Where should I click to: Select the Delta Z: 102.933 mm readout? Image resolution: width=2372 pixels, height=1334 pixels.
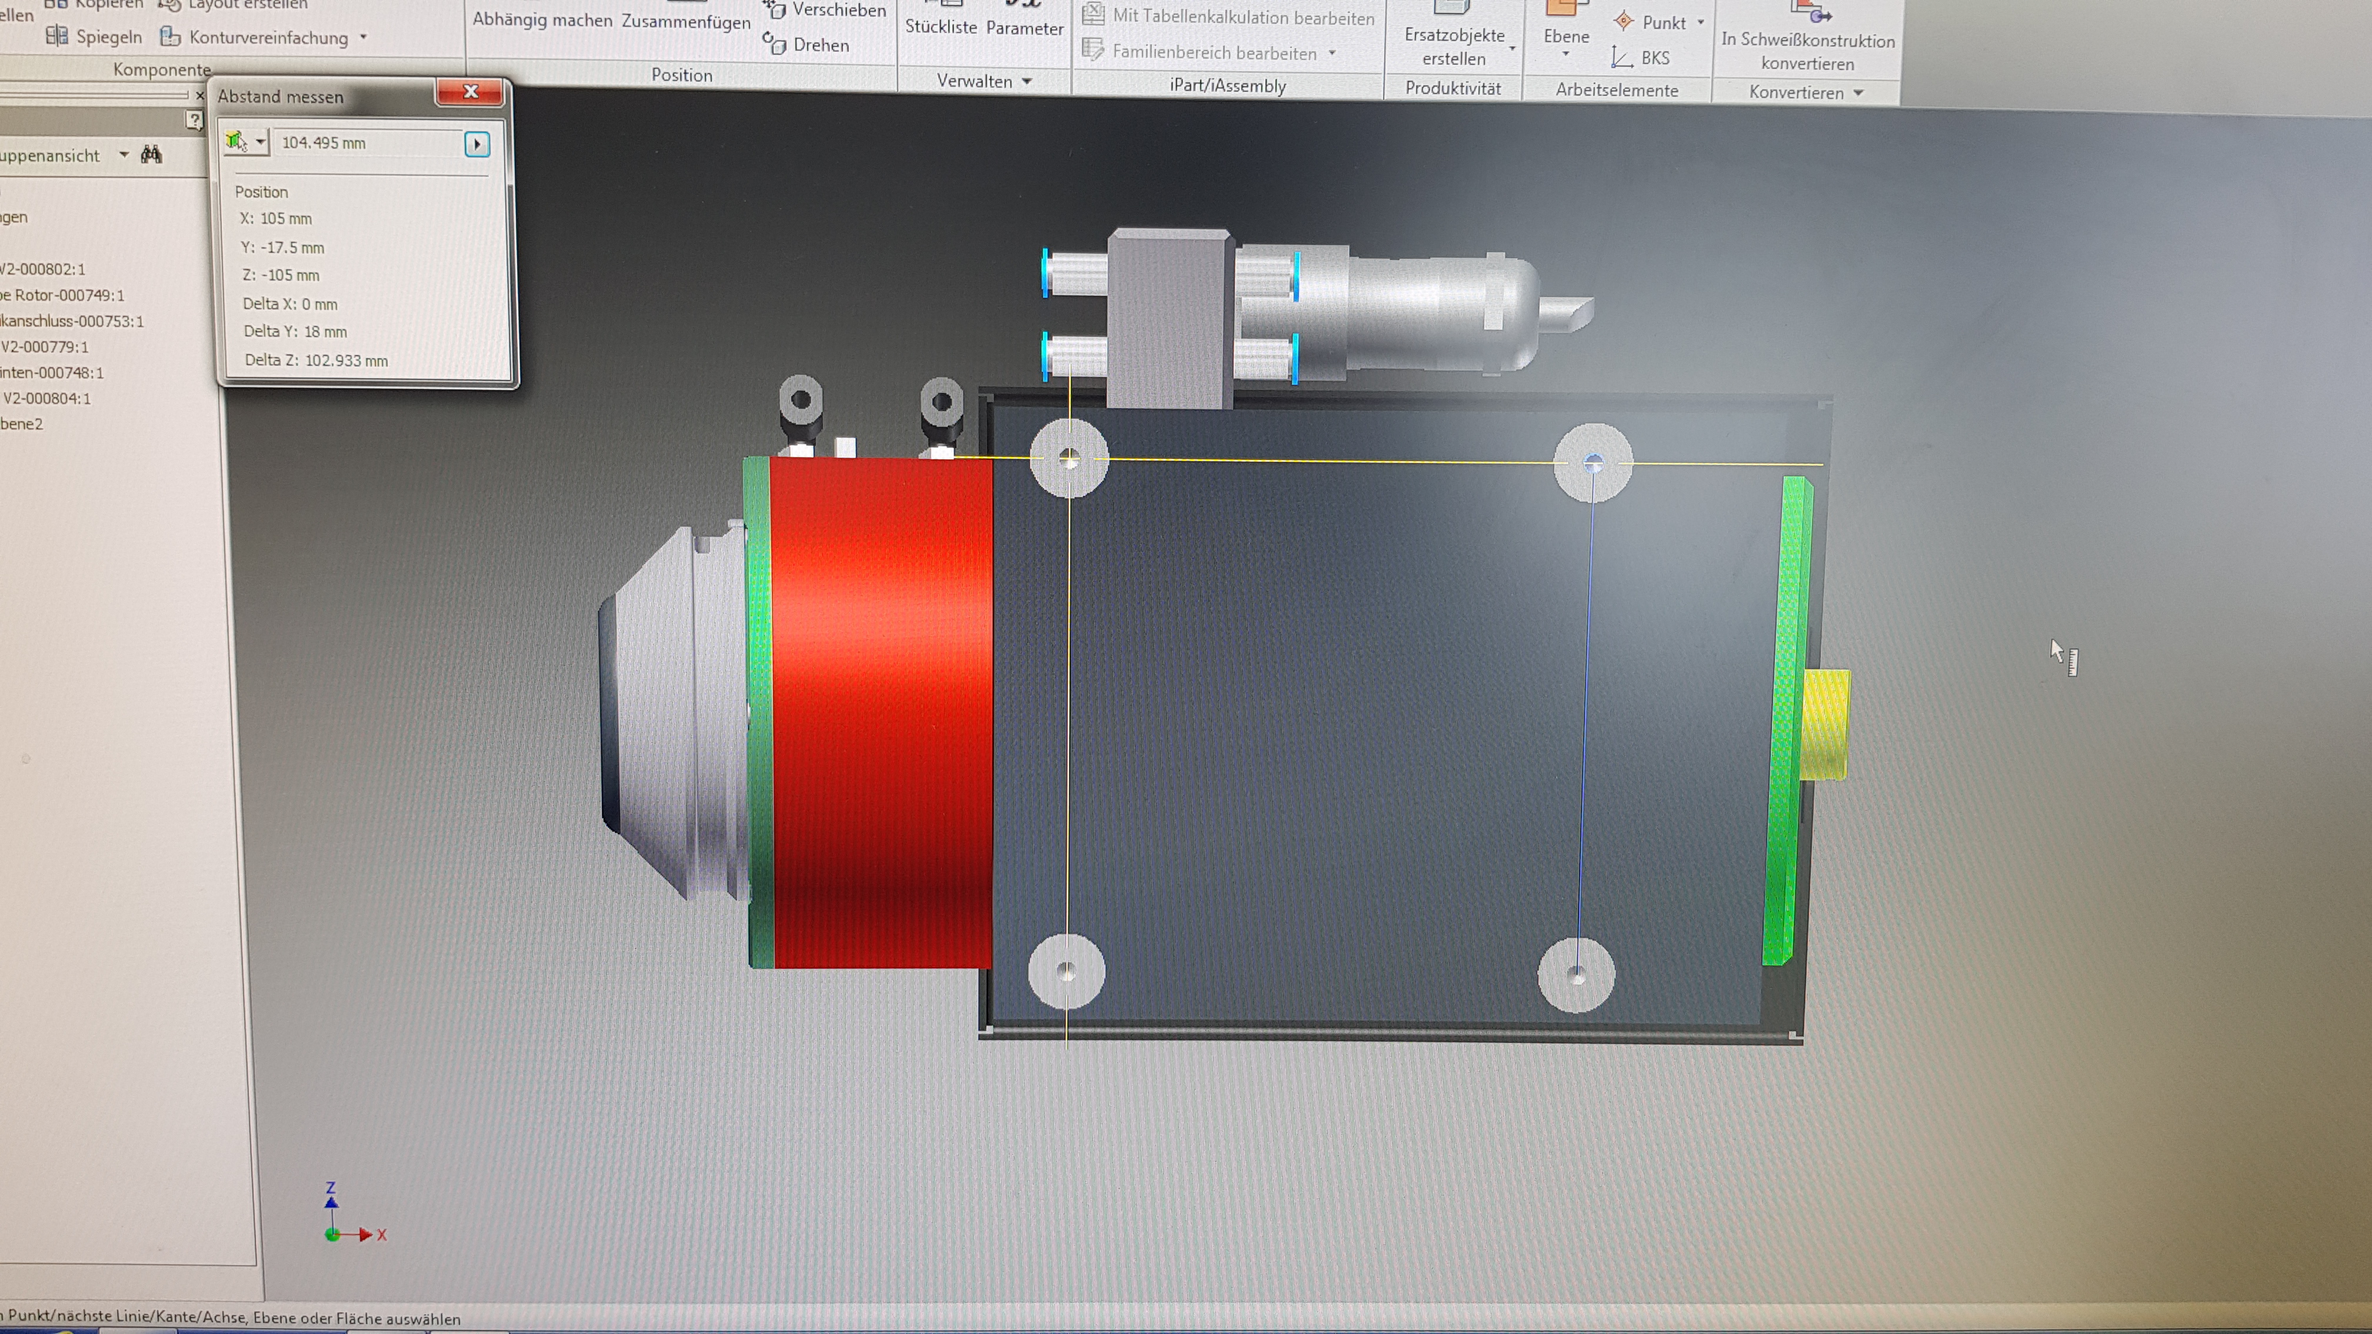tap(316, 360)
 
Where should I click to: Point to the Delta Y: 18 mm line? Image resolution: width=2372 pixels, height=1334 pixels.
tap(295, 331)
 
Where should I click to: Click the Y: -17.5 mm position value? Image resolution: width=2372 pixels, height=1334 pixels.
tap(283, 248)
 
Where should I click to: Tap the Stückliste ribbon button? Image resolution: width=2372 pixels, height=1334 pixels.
tap(940, 26)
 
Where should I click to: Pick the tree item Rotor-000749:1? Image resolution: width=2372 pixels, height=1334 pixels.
tap(65, 295)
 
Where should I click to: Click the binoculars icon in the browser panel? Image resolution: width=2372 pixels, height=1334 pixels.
tap(152, 155)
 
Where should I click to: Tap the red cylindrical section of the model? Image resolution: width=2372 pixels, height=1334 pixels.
tap(880, 709)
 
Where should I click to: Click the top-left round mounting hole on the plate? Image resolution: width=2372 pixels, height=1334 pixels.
tap(1068, 458)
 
